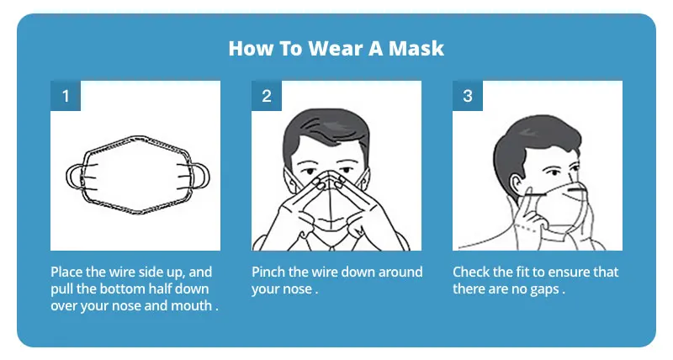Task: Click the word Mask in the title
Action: click(416, 48)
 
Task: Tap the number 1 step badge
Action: click(66, 96)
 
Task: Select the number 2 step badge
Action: click(267, 96)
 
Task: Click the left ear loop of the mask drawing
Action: click(73, 177)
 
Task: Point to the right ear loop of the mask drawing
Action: click(200, 177)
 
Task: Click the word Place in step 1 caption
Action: click(67, 273)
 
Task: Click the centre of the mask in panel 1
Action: click(137, 177)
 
